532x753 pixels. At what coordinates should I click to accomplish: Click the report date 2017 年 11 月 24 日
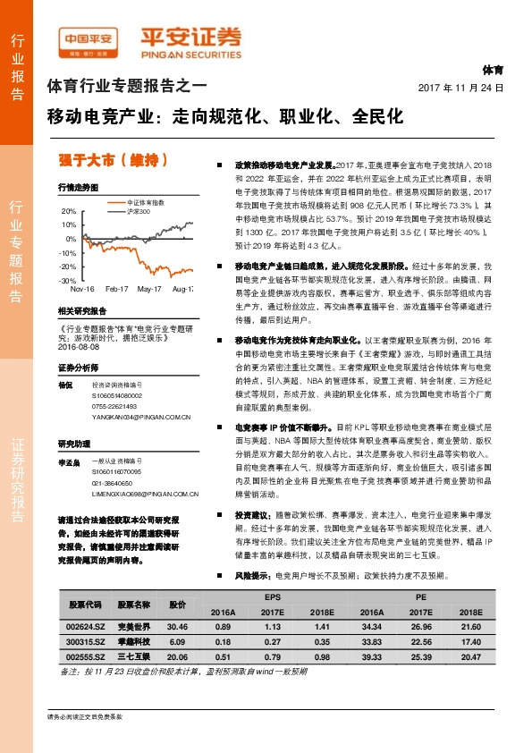(460, 88)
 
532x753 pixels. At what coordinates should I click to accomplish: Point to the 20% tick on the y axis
(69, 211)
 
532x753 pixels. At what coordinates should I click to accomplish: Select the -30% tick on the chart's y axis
(68, 280)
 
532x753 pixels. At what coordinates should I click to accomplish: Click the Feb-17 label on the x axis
(117, 290)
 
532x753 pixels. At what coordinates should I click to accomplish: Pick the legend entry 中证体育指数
(144, 203)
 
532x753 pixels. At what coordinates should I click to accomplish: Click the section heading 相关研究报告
(81, 311)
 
